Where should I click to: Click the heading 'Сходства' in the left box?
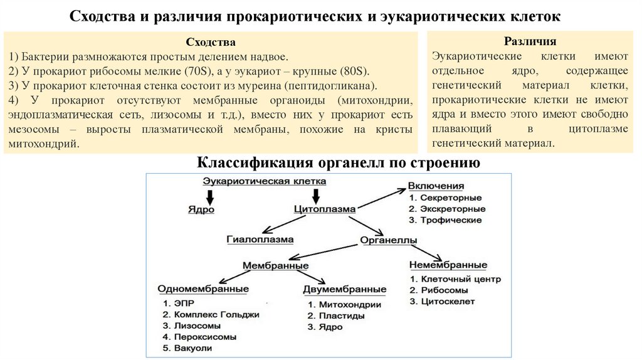(211, 42)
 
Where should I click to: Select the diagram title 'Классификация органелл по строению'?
(339, 164)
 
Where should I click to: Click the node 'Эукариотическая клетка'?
(264, 181)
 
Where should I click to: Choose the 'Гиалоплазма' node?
(260, 240)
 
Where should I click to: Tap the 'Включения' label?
(436, 186)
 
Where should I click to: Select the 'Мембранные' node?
(275, 266)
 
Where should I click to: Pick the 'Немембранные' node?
(448, 265)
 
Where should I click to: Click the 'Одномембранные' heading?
(203, 289)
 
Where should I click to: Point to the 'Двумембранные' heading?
(344, 290)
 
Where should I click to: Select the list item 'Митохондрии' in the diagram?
(349, 304)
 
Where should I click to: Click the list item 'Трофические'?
(450, 220)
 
